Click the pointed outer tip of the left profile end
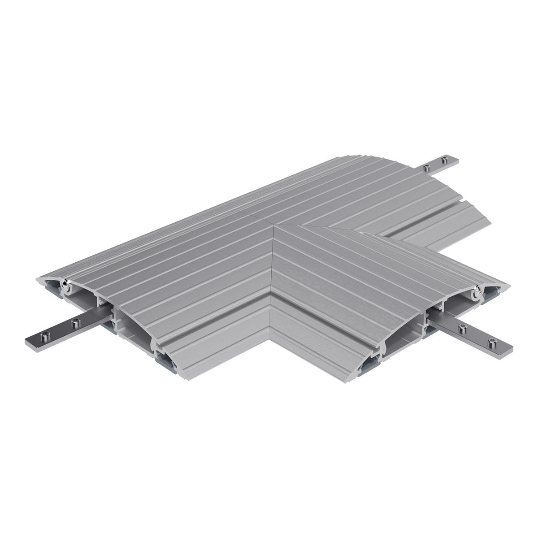(x=37, y=281)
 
